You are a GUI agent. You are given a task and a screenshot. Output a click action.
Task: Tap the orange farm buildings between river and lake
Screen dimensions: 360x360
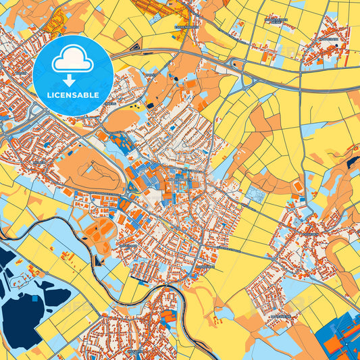coord(68,256)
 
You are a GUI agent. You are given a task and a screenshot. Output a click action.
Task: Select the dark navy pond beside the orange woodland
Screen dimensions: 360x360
coord(353,161)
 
